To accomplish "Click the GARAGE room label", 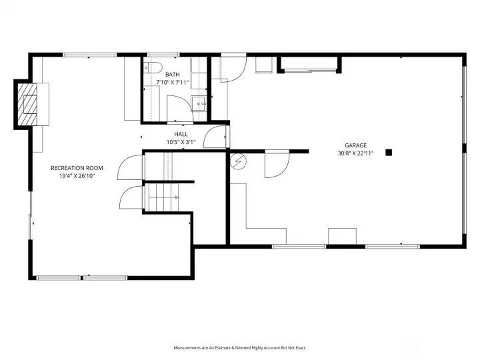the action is point(355,145).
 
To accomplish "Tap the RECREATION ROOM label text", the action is point(77,168).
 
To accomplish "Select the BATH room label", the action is point(173,75).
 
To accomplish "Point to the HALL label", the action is point(181,134).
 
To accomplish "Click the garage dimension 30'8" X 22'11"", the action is point(355,153).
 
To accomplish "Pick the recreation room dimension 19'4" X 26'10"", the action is point(77,176).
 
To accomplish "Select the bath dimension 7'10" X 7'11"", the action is point(173,83).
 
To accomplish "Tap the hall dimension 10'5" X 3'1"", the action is point(181,142).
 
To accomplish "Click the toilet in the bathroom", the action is point(153,67).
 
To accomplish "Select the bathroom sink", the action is point(199,103).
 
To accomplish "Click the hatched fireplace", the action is point(27,105).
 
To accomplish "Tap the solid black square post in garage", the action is point(389,153).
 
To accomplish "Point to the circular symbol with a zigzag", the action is point(239,161).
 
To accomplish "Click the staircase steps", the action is point(161,197).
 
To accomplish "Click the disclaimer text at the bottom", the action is point(240,348).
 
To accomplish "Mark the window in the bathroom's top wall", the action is point(163,55).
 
